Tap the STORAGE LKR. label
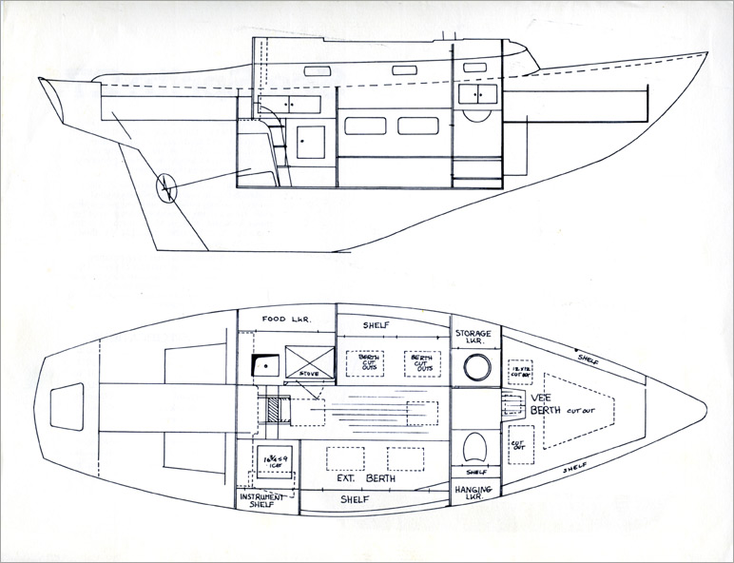[x=473, y=340]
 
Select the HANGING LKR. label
[x=473, y=494]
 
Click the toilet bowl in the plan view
[x=475, y=446]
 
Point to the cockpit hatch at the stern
[x=67, y=410]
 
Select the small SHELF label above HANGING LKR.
[x=476, y=472]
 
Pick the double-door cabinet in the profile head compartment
[x=475, y=94]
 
